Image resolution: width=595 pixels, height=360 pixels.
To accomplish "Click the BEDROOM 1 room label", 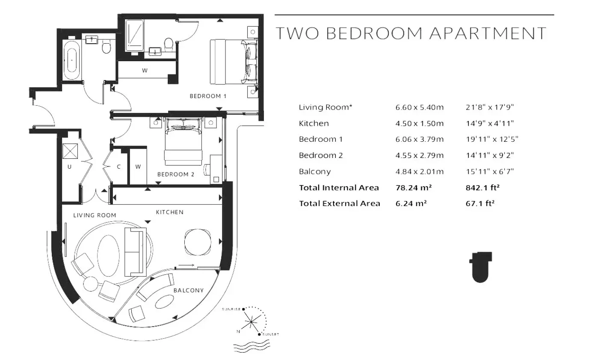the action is coord(208,96).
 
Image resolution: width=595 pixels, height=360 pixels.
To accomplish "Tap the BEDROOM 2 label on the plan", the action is coord(176,174).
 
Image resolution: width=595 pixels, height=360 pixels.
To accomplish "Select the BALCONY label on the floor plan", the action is coord(189,290).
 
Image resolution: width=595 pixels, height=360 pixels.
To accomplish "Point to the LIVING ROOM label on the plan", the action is coord(95,215).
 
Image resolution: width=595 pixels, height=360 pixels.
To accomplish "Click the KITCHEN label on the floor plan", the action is coord(170,212).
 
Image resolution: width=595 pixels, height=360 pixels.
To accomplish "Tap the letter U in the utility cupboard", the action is coord(69,167).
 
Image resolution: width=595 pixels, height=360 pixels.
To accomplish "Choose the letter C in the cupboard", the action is coord(119,167).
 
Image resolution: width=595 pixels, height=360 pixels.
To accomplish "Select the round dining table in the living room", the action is coord(198,242).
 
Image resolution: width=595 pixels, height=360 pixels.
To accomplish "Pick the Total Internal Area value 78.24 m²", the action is coord(414,188).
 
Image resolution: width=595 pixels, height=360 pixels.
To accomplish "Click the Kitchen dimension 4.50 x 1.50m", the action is coord(420,123).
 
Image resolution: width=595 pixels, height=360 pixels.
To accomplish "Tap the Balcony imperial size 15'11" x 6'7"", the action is coord(490,172).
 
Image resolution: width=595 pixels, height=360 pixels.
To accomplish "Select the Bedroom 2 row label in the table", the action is coord(321,155).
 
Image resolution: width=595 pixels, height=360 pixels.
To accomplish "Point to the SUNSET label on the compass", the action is coord(271,334).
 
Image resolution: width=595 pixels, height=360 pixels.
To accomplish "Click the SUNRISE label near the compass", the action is coord(231,309).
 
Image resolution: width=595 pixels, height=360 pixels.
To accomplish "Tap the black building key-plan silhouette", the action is coord(480,267).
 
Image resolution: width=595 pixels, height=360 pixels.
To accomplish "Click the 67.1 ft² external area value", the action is coord(480,203).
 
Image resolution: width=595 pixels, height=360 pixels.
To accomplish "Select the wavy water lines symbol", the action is coord(252,347).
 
